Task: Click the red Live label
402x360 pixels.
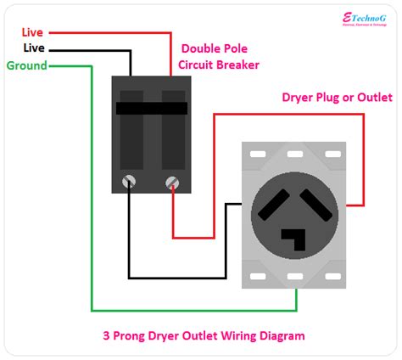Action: click(32, 32)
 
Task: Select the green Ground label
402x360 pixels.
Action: click(27, 65)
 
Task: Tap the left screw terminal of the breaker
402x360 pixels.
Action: click(130, 180)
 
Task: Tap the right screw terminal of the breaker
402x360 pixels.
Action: click(172, 180)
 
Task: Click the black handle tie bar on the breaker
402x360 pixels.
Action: click(151, 108)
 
